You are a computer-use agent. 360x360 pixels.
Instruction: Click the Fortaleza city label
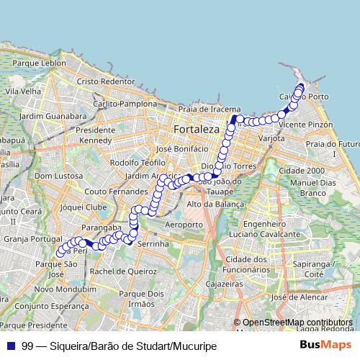tap(196, 129)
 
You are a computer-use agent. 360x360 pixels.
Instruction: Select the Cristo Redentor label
tap(106, 82)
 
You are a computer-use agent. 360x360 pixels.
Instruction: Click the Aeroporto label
tap(184, 225)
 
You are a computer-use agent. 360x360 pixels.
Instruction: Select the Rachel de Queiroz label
tap(124, 271)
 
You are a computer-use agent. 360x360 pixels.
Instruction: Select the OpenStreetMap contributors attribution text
tap(297, 323)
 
